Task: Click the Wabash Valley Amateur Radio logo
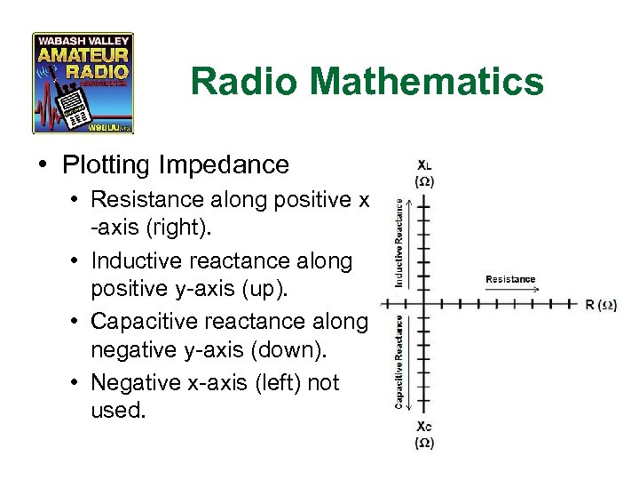tap(83, 83)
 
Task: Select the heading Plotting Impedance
tap(176, 164)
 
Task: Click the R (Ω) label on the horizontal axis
tap(601, 305)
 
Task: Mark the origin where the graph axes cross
tap(425, 304)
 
